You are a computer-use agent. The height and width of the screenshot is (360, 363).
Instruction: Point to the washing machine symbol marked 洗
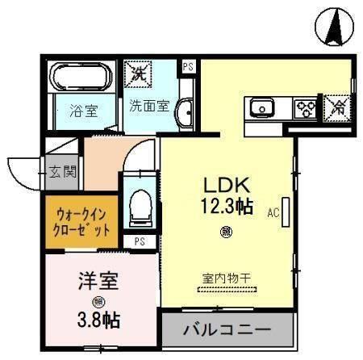tap(135, 74)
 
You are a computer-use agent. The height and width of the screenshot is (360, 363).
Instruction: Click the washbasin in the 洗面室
tap(184, 112)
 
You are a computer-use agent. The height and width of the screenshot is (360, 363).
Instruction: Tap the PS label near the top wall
tap(188, 67)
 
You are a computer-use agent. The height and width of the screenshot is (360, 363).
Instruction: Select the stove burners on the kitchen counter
tap(305, 107)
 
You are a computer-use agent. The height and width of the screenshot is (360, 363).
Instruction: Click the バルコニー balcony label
tap(225, 330)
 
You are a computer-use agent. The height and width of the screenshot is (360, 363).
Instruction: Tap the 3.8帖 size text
tap(99, 320)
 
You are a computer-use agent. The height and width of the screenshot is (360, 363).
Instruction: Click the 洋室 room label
tap(98, 283)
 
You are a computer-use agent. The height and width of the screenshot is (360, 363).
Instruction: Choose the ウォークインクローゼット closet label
tap(81, 220)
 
